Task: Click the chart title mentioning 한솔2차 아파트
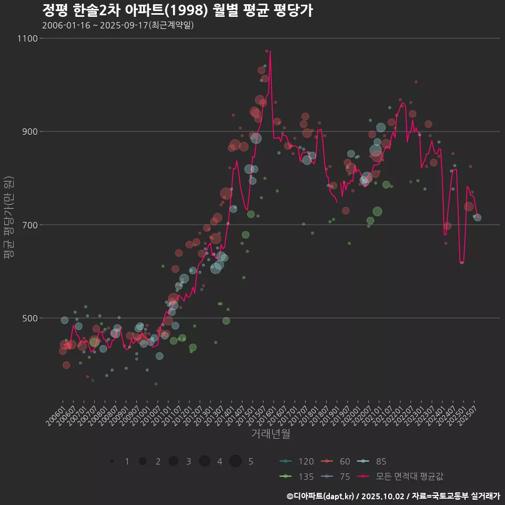[177, 11]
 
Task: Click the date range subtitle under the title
[118, 25]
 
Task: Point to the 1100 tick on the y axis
[27, 38]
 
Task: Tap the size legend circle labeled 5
[235, 461]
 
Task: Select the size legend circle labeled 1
[112, 461]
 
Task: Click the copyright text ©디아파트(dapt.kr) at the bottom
[321, 496]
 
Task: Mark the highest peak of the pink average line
[270, 51]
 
